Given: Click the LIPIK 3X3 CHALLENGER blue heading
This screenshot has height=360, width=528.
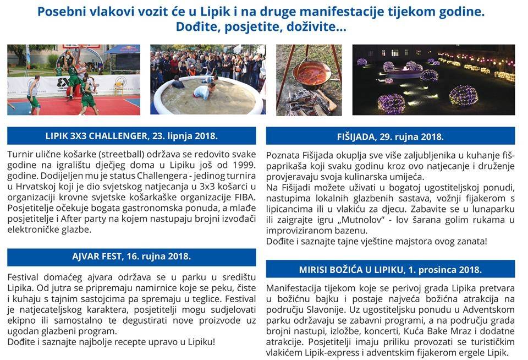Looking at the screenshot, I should tap(131, 135).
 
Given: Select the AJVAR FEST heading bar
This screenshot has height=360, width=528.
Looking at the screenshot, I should tap(131, 257).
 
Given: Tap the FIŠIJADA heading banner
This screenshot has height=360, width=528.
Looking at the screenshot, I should tap(390, 136).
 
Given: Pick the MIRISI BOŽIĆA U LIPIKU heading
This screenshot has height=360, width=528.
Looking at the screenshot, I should tap(390, 270).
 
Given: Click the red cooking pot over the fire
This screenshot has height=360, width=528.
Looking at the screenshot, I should tap(309, 74).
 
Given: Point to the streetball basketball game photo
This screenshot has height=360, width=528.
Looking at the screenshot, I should tap(73, 79).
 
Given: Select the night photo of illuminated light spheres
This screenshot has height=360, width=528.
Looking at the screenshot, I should tap(433, 79).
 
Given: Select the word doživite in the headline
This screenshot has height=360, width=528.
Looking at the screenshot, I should tap(319, 26).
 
